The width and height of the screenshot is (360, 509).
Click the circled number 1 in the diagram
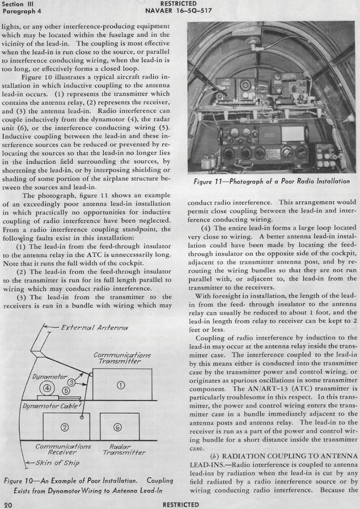tap(121, 385)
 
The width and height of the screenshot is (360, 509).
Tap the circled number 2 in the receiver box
tap(65, 428)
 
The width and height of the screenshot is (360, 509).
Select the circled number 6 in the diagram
tap(118, 428)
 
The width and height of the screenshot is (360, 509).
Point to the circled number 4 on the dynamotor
tap(47, 388)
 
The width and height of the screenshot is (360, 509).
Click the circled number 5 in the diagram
tap(66, 391)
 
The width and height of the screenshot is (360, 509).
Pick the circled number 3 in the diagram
tap(71, 382)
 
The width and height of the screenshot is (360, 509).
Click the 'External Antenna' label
tap(95, 327)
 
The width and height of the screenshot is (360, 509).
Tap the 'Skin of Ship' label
tap(58, 463)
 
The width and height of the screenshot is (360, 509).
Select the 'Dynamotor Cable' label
tap(50, 406)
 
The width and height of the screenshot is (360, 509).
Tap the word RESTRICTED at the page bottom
tap(181, 505)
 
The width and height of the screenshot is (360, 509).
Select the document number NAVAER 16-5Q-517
tap(178, 11)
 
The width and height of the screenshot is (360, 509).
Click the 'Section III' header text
tap(17, 4)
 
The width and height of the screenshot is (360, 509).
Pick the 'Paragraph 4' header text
tap(22, 11)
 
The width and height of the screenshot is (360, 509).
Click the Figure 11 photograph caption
tap(272, 181)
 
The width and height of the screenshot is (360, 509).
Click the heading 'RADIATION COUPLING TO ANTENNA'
tap(290, 456)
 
